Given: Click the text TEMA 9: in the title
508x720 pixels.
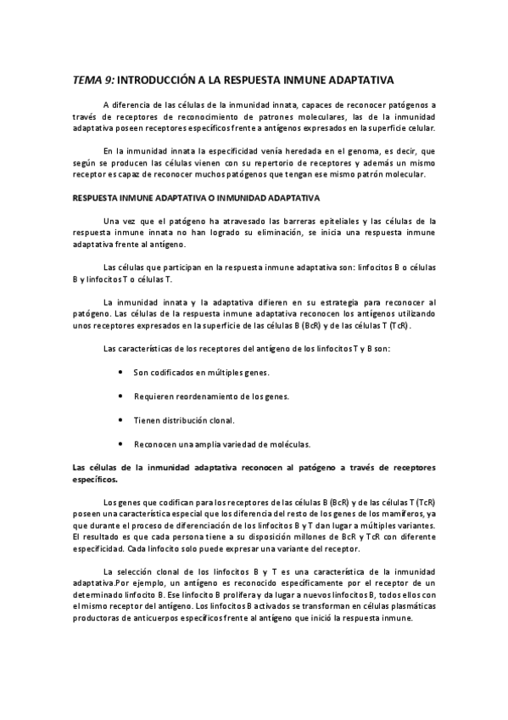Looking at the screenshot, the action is coord(92,81).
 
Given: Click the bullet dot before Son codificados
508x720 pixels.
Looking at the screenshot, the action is coord(124,373).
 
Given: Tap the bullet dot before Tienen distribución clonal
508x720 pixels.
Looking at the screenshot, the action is coord(124,419).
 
